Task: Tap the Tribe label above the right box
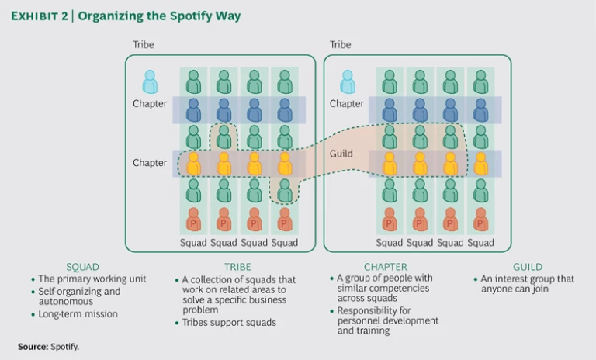[341, 45]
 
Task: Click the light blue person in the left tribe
[150, 81]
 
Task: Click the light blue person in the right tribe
[347, 81]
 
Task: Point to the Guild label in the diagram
[341, 154]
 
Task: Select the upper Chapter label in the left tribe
[150, 104]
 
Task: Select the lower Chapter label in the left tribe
[150, 163]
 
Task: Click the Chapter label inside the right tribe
[346, 104]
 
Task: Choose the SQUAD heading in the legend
[82, 267]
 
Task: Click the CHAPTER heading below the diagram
[386, 267]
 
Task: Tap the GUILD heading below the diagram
[528, 267]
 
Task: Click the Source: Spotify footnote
[48, 347]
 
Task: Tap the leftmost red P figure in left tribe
[193, 220]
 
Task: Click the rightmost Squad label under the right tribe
[481, 243]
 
